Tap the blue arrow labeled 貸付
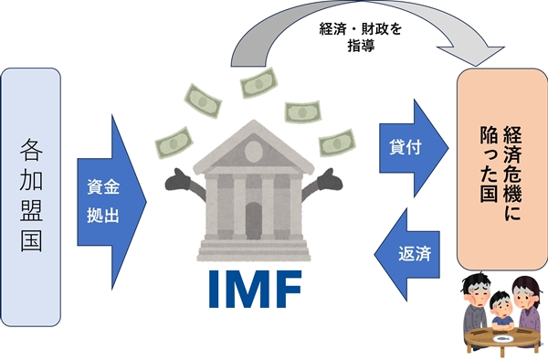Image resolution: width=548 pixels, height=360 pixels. coord(409,145)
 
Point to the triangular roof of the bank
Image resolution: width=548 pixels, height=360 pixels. coord(251,145)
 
